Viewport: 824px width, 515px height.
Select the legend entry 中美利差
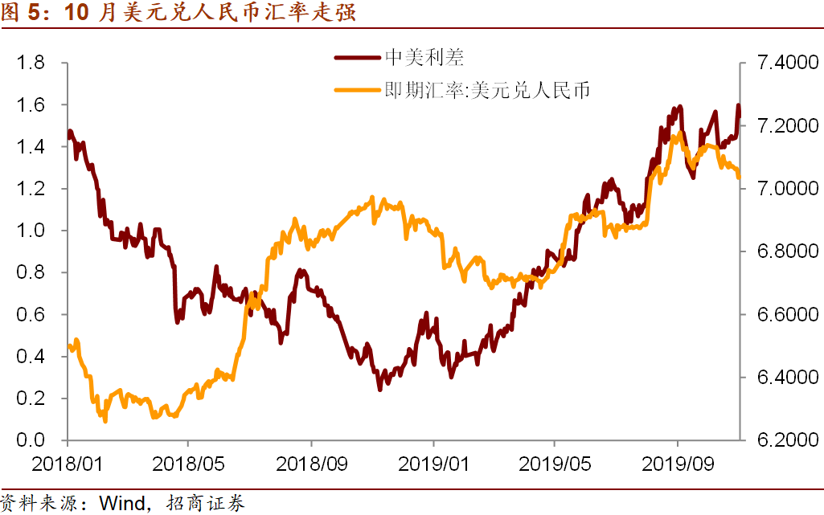[425, 58]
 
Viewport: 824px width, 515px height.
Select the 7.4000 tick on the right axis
[781, 63]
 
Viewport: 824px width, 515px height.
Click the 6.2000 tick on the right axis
[781, 440]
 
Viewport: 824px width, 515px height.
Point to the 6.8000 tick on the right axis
[781, 252]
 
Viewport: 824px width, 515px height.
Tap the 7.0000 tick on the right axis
[781, 189]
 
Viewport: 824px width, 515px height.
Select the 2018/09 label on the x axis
[311, 464]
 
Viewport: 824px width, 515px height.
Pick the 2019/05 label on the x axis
[555, 464]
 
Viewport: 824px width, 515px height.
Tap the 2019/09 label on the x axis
[677, 464]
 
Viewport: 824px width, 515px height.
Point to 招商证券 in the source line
[204, 504]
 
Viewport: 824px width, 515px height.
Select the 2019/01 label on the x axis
[433, 464]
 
